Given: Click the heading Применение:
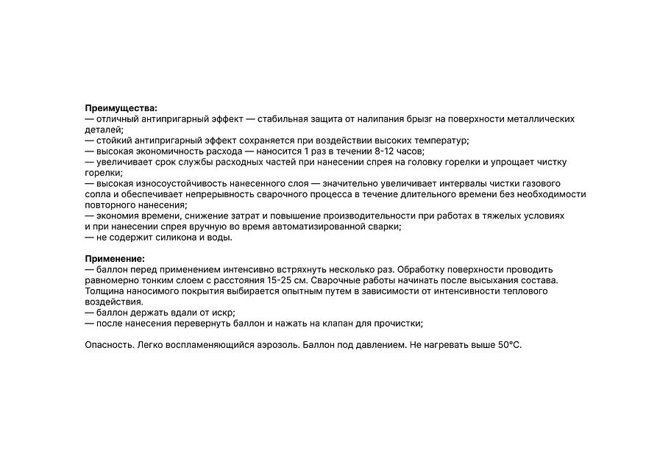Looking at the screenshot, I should coord(115,259).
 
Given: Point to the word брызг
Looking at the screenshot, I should coord(414,118).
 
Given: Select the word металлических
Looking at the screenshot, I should coord(539,118).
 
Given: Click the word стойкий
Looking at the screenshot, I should coord(114,140).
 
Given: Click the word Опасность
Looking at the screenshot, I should coord(110,345).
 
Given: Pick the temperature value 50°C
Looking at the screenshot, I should coord(509,345).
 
